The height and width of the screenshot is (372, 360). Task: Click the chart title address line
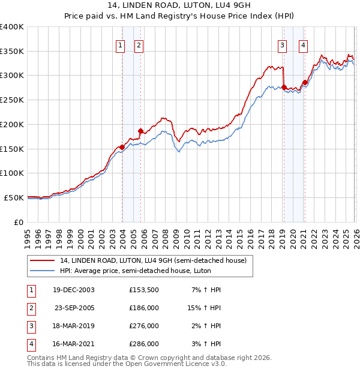click(x=179, y=5)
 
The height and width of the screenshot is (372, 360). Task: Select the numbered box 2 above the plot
click(x=139, y=44)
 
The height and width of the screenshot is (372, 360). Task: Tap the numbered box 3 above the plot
click(x=282, y=44)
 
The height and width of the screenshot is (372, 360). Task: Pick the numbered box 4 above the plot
click(x=304, y=44)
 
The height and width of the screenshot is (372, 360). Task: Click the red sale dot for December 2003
click(x=122, y=146)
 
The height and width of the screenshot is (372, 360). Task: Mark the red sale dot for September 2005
click(x=141, y=131)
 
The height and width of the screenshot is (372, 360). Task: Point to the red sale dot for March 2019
click(x=284, y=87)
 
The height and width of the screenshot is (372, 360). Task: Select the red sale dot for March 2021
click(x=305, y=82)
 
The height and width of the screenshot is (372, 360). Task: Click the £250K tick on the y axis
click(x=12, y=100)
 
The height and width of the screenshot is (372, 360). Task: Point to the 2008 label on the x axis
click(x=165, y=238)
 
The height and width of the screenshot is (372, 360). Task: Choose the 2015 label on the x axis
click(x=239, y=238)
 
